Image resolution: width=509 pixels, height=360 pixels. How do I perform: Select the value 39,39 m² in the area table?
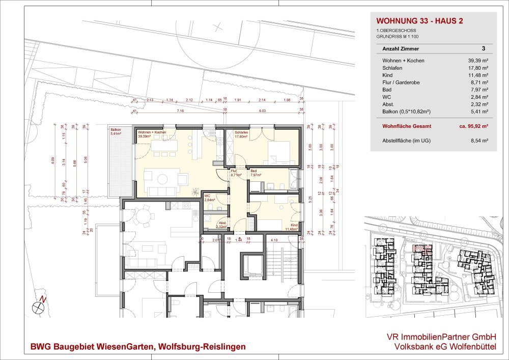(478, 61)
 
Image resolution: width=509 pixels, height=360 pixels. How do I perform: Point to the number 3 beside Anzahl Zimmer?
(483, 49)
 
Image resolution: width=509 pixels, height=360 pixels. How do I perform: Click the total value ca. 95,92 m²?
(472, 125)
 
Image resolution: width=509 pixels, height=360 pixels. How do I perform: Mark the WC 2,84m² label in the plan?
(209, 199)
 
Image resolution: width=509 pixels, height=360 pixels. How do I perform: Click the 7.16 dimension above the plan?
(180, 110)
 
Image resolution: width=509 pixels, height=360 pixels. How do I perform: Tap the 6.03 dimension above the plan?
(263, 110)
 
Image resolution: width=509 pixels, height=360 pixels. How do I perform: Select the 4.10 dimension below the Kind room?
(273, 240)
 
